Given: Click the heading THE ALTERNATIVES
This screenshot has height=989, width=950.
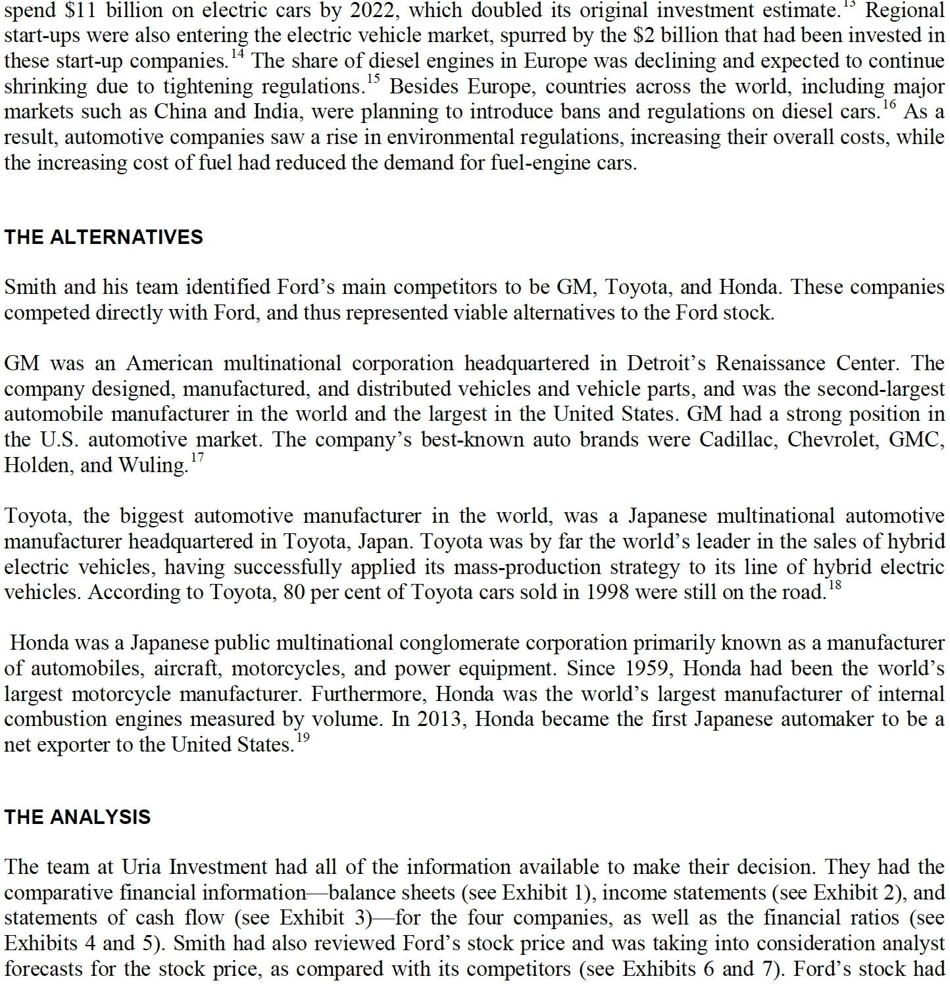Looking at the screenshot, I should (x=103, y=237).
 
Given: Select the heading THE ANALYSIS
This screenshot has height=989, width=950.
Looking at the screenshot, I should (x=77, y=817).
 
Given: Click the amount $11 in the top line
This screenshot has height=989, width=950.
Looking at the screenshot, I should (x=80, y=11).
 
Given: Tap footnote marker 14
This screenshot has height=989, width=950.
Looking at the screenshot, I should (x=237, y=55).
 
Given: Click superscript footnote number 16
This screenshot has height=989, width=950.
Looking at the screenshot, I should (x=889, y=105).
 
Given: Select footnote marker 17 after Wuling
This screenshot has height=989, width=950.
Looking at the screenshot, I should (x=197, y=458).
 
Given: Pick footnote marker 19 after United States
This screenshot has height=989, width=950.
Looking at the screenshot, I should (x=302, y=738).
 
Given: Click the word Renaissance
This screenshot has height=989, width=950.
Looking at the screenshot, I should (x=770, y=363).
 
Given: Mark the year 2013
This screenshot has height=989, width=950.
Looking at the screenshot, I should (x=441, y=719).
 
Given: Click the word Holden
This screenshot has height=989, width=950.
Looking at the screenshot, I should (x=38, y=465).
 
